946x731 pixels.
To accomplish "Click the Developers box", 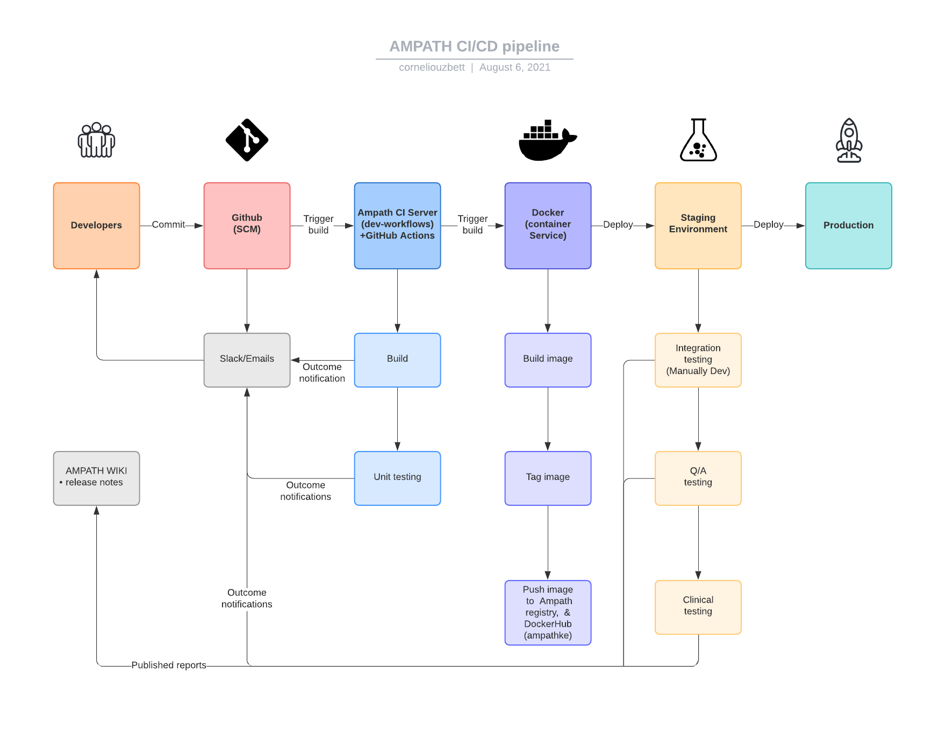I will point(96,226).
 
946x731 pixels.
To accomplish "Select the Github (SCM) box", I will point(247,226).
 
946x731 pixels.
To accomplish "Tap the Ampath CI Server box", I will point(397,226).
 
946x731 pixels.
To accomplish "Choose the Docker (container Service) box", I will point(548,226).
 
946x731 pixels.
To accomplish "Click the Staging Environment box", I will point(698,226).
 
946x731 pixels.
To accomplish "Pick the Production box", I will point(848,226).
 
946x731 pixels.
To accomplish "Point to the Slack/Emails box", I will point(247,360).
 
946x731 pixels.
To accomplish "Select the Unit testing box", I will point(397,478).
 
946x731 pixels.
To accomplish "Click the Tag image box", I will point(548,478).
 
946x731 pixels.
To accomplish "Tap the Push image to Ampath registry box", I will point(548,612).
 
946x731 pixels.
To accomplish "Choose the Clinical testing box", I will point(698,607).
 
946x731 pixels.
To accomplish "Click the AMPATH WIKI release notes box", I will point(96,478).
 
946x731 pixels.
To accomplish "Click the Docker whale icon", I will point(547,141).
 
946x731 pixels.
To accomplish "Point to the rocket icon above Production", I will point(849,140).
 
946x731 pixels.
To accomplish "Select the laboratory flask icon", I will point(698,140).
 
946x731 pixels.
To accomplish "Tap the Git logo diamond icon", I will point(247,140).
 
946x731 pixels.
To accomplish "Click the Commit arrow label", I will point(168,225).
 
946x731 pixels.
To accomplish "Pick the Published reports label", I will point(169,665).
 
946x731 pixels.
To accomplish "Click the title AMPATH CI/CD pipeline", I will point(474,47).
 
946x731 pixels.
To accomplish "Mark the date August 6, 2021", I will point(514,67).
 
